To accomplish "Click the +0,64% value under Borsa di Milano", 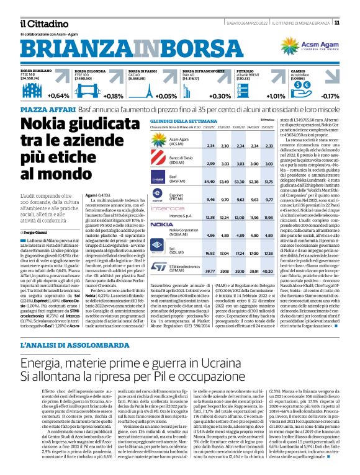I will pos(58,96).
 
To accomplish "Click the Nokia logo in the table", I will pos(162,223).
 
